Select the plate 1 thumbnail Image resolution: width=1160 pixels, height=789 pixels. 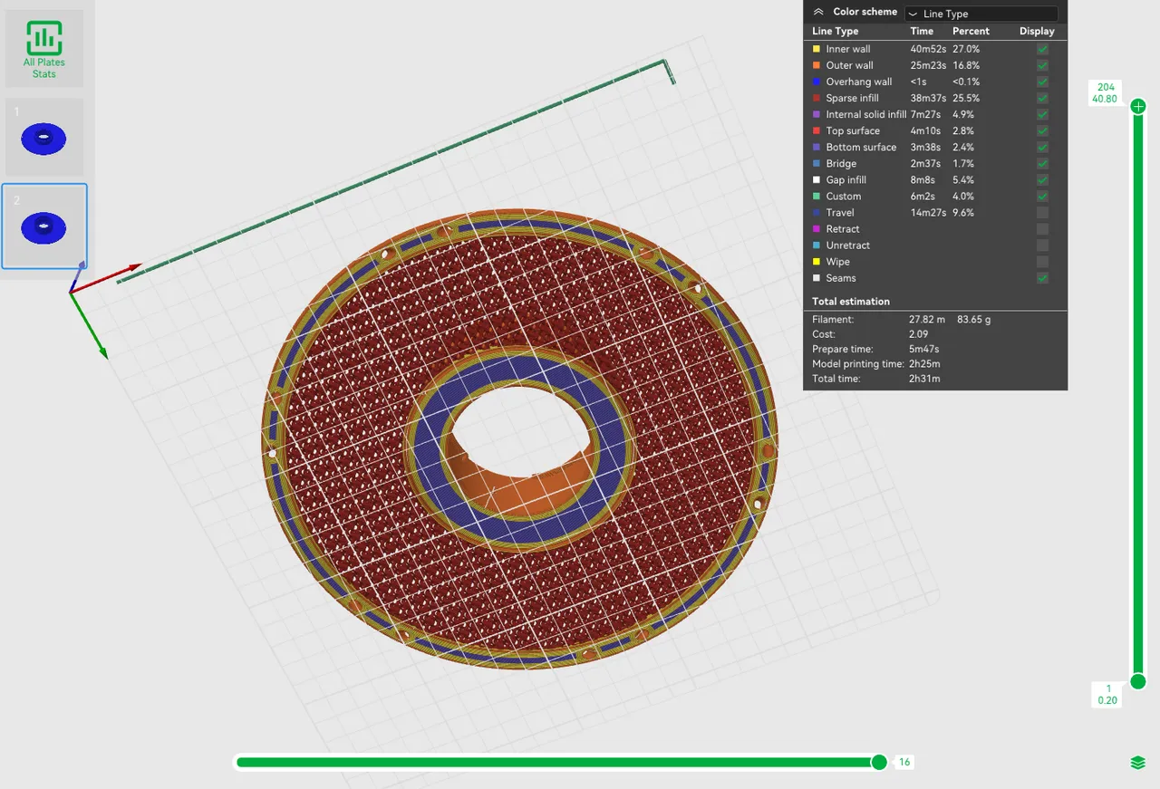[x=44, y=138]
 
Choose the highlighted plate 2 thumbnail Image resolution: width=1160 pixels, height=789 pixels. [x=44, y=226]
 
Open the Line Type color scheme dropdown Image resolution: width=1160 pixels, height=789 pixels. [x=981, y=14]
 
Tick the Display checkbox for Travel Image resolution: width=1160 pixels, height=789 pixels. [x=1042, y=213]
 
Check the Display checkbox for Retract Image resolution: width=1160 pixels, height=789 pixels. [x=1042, y=229]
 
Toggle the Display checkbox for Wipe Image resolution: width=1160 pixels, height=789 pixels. [x=1042, y=262]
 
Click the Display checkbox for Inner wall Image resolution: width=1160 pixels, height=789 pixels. [x=1042, y=49]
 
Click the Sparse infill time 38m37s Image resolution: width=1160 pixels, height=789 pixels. [x=928, y=98]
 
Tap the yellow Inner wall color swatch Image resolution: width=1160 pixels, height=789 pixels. [x=817, y=49]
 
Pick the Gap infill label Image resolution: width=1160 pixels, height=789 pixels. [x=846, y=180]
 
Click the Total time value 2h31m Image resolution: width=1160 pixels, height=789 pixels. [x=923, y=379]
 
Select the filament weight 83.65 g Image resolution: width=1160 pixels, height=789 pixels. [x=973, y=319]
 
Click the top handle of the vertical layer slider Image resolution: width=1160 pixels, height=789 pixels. [x=1138, y=107]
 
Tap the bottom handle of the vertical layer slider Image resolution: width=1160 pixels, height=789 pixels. [x=1138, y=681]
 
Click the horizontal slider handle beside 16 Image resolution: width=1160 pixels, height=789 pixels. [x=878, y=763]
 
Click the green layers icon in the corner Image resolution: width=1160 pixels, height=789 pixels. [x=1138, y=763]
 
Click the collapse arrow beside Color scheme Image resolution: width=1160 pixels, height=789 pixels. [x=818, y=13]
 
